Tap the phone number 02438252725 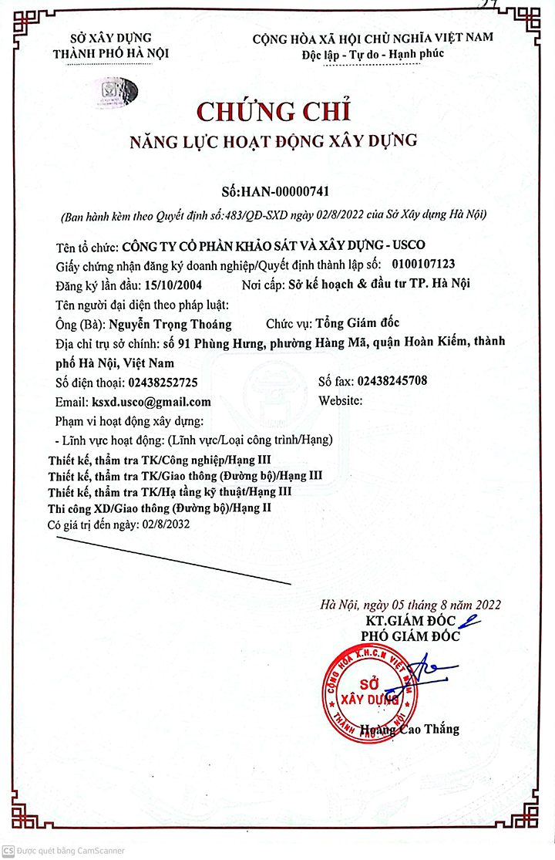[x=154, y=382]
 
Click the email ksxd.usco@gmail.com [x=151, y=402]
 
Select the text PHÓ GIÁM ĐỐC [x=410, y=636]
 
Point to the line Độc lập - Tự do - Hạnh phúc [x=372, y=55]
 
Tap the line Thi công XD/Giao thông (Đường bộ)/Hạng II [x=160, y=508]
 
